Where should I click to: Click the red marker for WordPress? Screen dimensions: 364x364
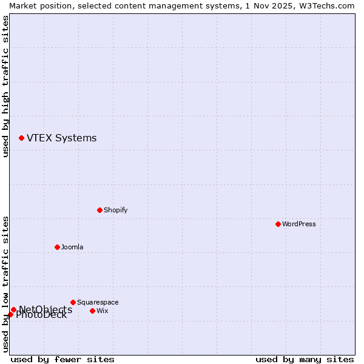278,224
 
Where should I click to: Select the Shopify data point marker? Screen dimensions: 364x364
99,210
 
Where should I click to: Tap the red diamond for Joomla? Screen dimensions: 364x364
57,247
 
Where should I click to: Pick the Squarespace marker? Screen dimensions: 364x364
73,302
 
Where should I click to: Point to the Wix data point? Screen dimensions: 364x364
92,311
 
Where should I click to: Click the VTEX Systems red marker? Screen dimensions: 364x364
21,138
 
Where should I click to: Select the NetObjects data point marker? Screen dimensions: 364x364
13,309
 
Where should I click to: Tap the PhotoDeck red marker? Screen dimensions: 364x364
10,314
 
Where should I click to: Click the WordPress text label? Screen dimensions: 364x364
299,224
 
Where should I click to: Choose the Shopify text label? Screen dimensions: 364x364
115,210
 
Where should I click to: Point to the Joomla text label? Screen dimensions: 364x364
72,247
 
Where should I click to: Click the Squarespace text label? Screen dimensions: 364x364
98,302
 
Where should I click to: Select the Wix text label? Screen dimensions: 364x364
102,311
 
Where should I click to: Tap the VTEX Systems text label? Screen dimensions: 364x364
61,138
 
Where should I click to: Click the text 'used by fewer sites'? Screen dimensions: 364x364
62,359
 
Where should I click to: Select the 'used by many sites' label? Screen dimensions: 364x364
305,359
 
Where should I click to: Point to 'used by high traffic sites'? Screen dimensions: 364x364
5,86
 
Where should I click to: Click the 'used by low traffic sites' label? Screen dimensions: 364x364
5,284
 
